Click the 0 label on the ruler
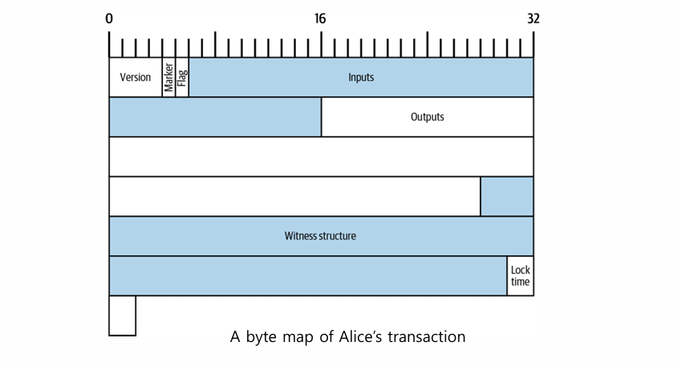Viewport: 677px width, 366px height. point(109,18)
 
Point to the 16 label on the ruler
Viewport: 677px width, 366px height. point(320,18)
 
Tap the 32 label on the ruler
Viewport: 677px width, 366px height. point(533,18)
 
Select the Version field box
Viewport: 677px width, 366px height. point(136,78)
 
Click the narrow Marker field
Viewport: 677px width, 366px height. point(168,78)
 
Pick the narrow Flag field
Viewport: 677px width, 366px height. point(182,78)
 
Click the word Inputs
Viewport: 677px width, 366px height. point(361,78)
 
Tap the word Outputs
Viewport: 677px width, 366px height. point(427,117)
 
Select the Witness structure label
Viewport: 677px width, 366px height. point(320,236)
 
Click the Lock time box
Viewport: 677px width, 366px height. point(520,276)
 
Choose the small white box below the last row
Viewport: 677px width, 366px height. point(122,316)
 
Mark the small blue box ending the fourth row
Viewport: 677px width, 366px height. point(506,196)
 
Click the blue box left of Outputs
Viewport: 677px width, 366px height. point(215,117)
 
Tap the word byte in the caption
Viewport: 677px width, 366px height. point(259,337)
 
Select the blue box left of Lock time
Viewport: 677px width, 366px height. point(307,276)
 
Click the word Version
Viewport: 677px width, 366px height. point(136,78)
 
